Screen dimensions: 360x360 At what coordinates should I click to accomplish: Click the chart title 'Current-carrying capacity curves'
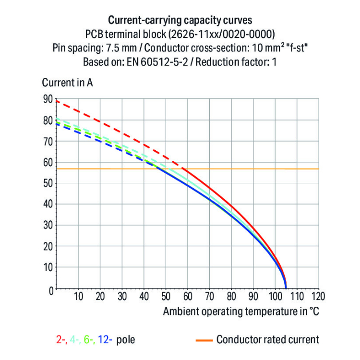tap(180, 21)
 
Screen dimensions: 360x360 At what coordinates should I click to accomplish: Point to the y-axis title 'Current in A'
tap(68, 83)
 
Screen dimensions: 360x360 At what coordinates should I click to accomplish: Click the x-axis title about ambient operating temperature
tap(241, 311)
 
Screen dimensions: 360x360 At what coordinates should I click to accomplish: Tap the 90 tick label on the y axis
tap(48, 99)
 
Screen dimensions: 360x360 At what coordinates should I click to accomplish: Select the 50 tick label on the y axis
tap(48, 183)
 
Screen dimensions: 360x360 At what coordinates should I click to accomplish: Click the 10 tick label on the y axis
tap(48, 267)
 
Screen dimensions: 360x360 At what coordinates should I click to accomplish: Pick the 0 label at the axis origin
tap(49, 289)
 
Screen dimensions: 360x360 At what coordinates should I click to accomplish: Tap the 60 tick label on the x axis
tap(188, 296)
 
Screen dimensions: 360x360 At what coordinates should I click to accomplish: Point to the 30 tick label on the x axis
tap(122, 296)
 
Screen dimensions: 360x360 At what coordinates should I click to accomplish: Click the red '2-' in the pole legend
tap(61, 340)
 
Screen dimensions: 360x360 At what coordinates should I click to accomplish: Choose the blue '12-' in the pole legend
tap(106, 340)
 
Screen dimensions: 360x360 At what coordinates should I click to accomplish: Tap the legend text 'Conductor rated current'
tap(267, 340)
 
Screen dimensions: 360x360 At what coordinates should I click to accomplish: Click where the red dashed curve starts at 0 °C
tap(57, 101)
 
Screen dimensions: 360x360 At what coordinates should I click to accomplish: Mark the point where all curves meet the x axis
tap(286, 288)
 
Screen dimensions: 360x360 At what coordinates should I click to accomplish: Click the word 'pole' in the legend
tap(126, 340)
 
